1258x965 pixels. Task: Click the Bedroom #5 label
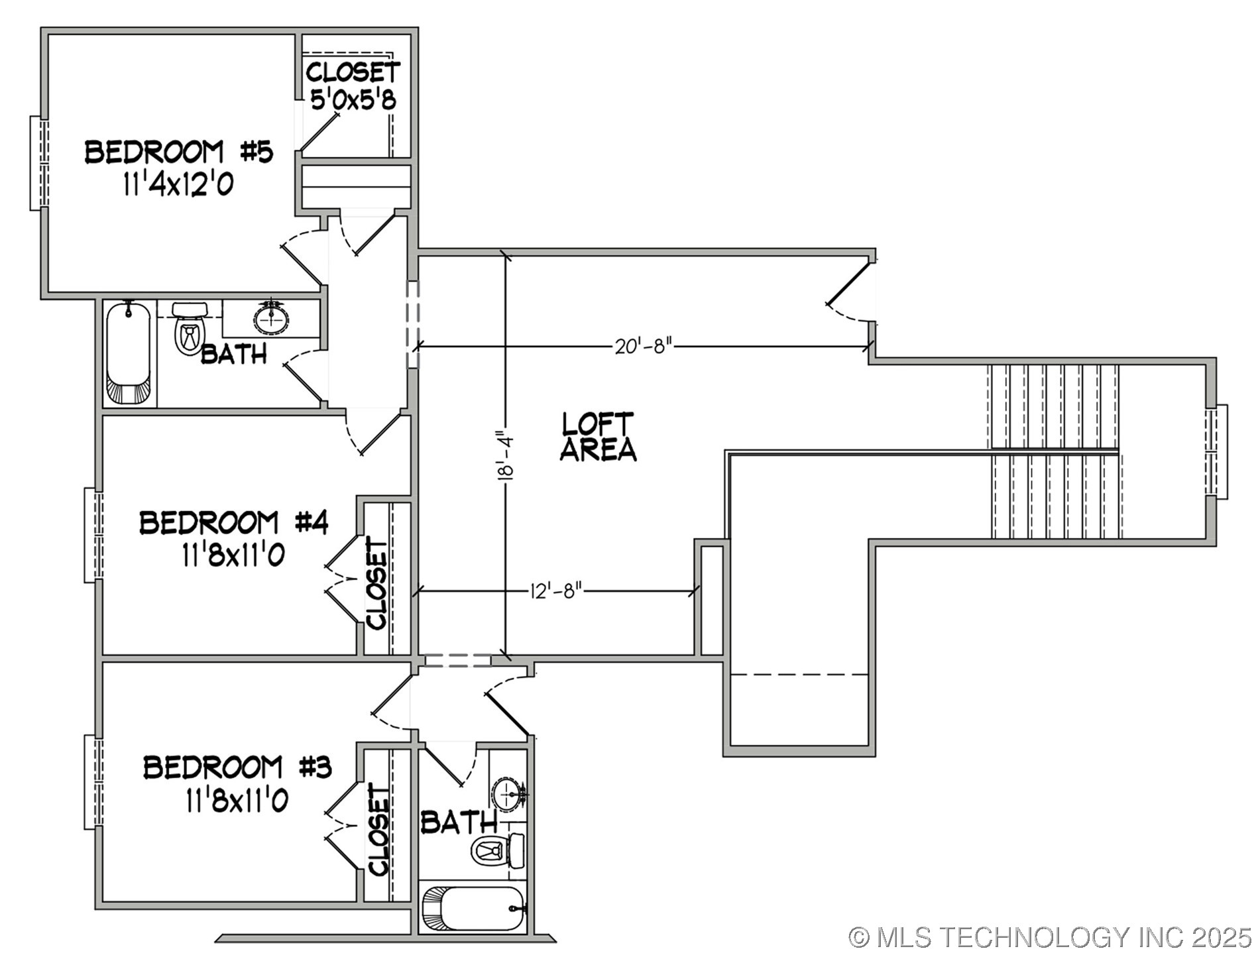coord(178,152)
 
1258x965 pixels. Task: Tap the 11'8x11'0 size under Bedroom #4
coord(233,555)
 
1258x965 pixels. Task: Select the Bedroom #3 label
coord(237,767)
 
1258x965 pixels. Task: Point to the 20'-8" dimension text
coord(643,346)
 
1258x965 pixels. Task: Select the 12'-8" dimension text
coord(555,590)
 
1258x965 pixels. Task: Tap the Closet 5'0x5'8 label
coord(353,85)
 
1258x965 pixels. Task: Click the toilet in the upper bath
coord(189,329)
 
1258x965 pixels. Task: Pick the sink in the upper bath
coord(271,319)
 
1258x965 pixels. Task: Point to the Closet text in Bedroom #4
coord(377,583)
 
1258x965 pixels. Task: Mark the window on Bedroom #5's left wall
coord(39,163)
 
